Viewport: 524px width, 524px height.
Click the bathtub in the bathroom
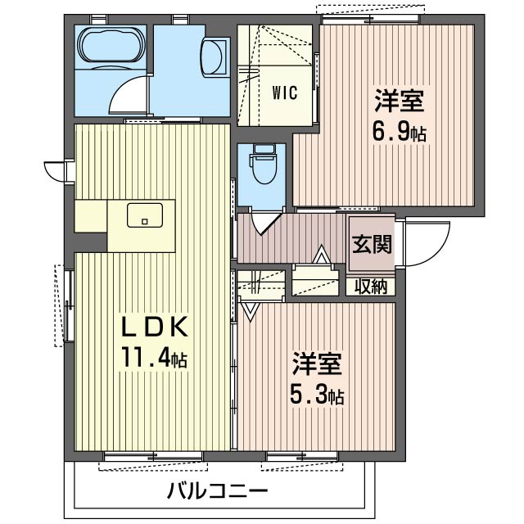(110, 47)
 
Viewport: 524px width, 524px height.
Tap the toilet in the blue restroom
(263, 167)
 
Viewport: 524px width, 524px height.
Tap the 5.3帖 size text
(317, 395)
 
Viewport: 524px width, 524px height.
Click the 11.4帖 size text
(156, 359)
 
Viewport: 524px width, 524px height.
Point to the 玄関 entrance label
(371, 244)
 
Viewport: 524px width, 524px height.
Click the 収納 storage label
(371, 287)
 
